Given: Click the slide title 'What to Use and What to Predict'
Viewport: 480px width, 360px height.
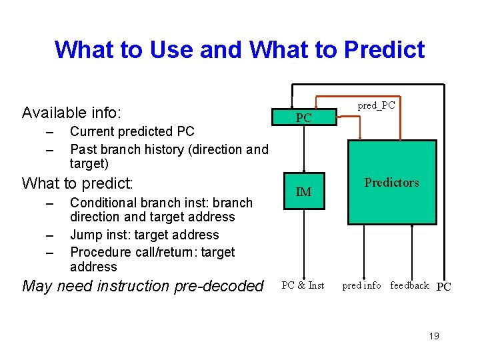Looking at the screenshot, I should click(239, 49).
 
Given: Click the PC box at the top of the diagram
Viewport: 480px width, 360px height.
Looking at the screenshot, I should click(303, 117).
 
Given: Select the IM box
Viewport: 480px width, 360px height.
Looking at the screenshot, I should click(303, 192).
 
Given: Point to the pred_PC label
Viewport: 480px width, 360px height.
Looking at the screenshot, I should click(376, 105).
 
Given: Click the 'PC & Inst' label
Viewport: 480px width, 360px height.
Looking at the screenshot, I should click(303, 285).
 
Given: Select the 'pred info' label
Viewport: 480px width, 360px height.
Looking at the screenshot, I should click(361, 285).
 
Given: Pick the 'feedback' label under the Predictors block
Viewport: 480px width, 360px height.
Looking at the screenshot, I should click(409, 285).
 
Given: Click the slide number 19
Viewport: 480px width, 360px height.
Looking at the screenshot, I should click(433, 336).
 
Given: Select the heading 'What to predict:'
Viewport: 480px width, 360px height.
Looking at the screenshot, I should click(78, 183).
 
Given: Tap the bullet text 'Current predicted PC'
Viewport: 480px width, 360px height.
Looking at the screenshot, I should click(132, 131).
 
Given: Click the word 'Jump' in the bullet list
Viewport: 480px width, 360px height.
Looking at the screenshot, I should click(85, 235).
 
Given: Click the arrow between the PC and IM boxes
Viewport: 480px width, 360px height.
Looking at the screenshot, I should click(304, 150).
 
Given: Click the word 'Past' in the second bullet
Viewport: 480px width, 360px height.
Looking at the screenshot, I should click(82, 149).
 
